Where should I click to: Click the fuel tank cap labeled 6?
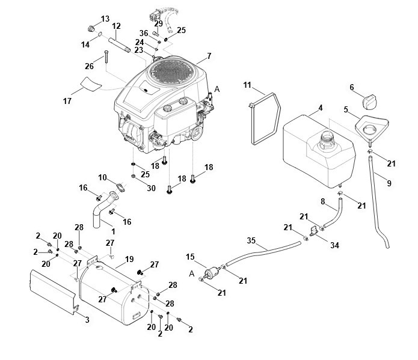(369, 101)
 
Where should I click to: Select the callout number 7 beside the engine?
(209, 56)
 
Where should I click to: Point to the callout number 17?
(67, 101)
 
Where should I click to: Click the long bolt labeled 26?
(106, 56)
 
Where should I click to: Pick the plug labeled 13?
(91, 28)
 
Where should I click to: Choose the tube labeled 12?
(119, 44)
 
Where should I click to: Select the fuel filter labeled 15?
(212, 273)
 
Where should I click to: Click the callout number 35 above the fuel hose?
(251, 240)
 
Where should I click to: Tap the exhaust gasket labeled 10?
(120, 187)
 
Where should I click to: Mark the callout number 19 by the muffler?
(129, 259)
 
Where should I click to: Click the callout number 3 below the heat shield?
(87, 320)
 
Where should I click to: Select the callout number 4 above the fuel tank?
(321, 108)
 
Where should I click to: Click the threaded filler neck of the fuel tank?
(328, 138)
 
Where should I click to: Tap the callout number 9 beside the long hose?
(389, 183)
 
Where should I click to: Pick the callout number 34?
(334, 245)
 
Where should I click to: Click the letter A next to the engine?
(217, 90)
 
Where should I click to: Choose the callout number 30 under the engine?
(151, 188)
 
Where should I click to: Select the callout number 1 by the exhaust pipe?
(113, 231)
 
